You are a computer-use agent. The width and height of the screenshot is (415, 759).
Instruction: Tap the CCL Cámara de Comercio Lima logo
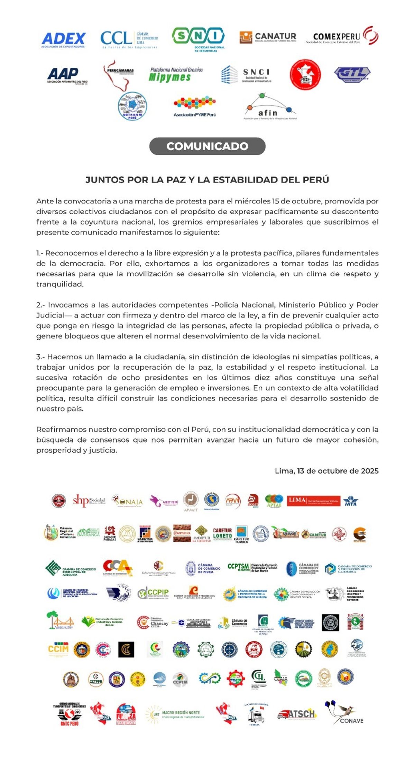click(x=129, y=39)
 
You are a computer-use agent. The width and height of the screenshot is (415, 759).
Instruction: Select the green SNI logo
click(x=198, y=39)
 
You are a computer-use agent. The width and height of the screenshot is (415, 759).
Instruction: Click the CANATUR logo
click(x=268, y=37)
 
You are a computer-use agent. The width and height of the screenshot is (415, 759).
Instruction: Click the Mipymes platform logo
click(x=176, y=75)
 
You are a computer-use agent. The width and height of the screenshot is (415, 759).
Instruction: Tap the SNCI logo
click(x=246, y=75)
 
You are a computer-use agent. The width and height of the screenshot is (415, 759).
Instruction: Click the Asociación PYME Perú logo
click(x=195, y=107)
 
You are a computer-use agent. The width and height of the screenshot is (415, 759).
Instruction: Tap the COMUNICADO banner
click(x=207, y=146)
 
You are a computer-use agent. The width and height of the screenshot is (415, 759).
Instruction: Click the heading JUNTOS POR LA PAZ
click(x=207, y=180)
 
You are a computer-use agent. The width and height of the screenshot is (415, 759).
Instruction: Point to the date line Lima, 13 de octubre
click(x=326, y=471)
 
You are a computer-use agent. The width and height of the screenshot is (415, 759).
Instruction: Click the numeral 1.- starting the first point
click(x=40, y=253)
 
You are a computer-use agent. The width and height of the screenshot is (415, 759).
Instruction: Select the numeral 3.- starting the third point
click(x=40, y=357)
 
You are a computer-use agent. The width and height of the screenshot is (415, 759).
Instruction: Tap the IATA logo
click(x=351, y=501)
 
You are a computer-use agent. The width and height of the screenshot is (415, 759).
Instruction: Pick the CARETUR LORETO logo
click(x=222, y=533)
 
